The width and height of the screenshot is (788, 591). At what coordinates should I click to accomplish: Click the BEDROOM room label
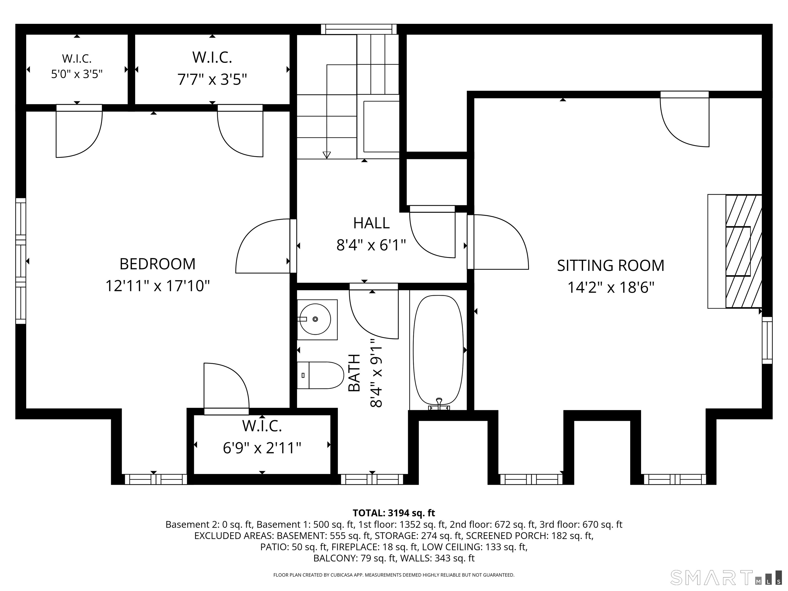point(157,264)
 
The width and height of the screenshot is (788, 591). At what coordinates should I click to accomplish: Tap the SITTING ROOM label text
point(610,265)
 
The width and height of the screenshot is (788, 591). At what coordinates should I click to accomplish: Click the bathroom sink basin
point(315,319)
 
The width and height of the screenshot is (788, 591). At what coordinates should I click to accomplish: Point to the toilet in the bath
point(320,375)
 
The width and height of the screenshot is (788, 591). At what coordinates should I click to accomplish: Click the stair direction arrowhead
point(326,155)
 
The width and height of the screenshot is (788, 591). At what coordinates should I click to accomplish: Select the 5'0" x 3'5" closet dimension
point(77,74)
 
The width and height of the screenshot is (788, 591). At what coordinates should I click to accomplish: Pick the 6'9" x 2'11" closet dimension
point(262,448)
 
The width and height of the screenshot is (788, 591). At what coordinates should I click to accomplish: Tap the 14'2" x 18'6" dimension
point(610,287)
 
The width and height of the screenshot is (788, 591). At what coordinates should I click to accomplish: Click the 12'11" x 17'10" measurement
point(157,286)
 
